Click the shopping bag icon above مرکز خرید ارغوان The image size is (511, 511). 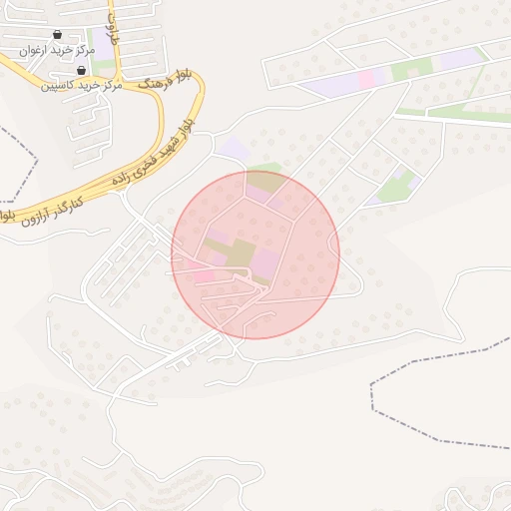click(x=57, y=35)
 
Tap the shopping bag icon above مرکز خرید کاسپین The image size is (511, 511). click(x=81, y=71)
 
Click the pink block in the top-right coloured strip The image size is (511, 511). click(x=366, y=78)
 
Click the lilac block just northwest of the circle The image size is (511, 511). click(x=235, y=150)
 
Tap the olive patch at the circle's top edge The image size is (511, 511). click(x=265, y=182)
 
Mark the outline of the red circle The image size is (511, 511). click(x=339, y=255)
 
